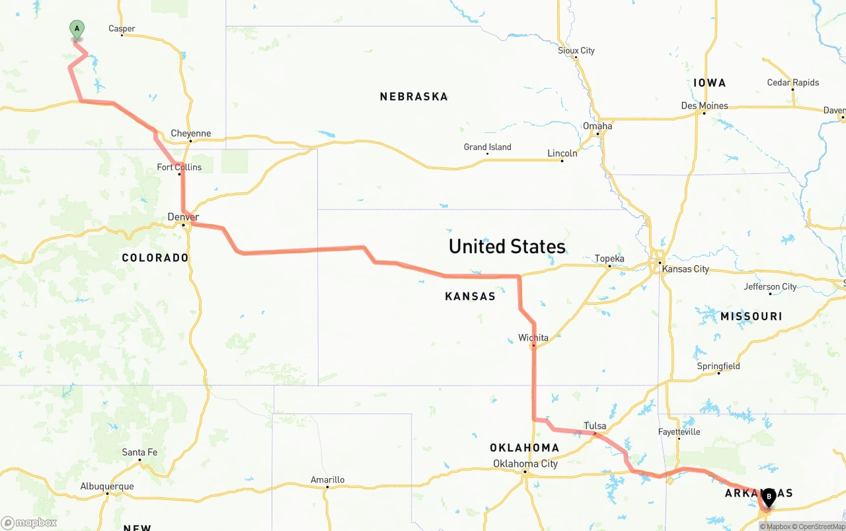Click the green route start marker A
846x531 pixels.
coord(77,29)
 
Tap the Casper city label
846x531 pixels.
coord(122,29)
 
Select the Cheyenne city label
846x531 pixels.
coord(190,134)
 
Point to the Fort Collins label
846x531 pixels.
coord(179,167)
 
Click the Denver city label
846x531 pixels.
coord(183,217)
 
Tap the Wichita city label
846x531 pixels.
coord(533,338)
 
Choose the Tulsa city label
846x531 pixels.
coord(595,427)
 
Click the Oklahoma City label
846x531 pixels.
coord(525,464)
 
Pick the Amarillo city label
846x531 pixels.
coord(327,480)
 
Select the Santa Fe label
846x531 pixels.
coord(139,452)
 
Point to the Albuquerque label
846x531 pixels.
coord(107,487)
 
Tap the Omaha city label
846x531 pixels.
coord(597,126)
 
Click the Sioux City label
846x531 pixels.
coord(576,51)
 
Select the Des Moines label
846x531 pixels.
coord(705,106)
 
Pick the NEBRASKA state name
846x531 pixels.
coord(414,97)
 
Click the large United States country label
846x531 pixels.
coord(507,247)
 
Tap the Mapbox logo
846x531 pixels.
coord(29,522)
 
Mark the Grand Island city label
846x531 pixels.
coord(487,147)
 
